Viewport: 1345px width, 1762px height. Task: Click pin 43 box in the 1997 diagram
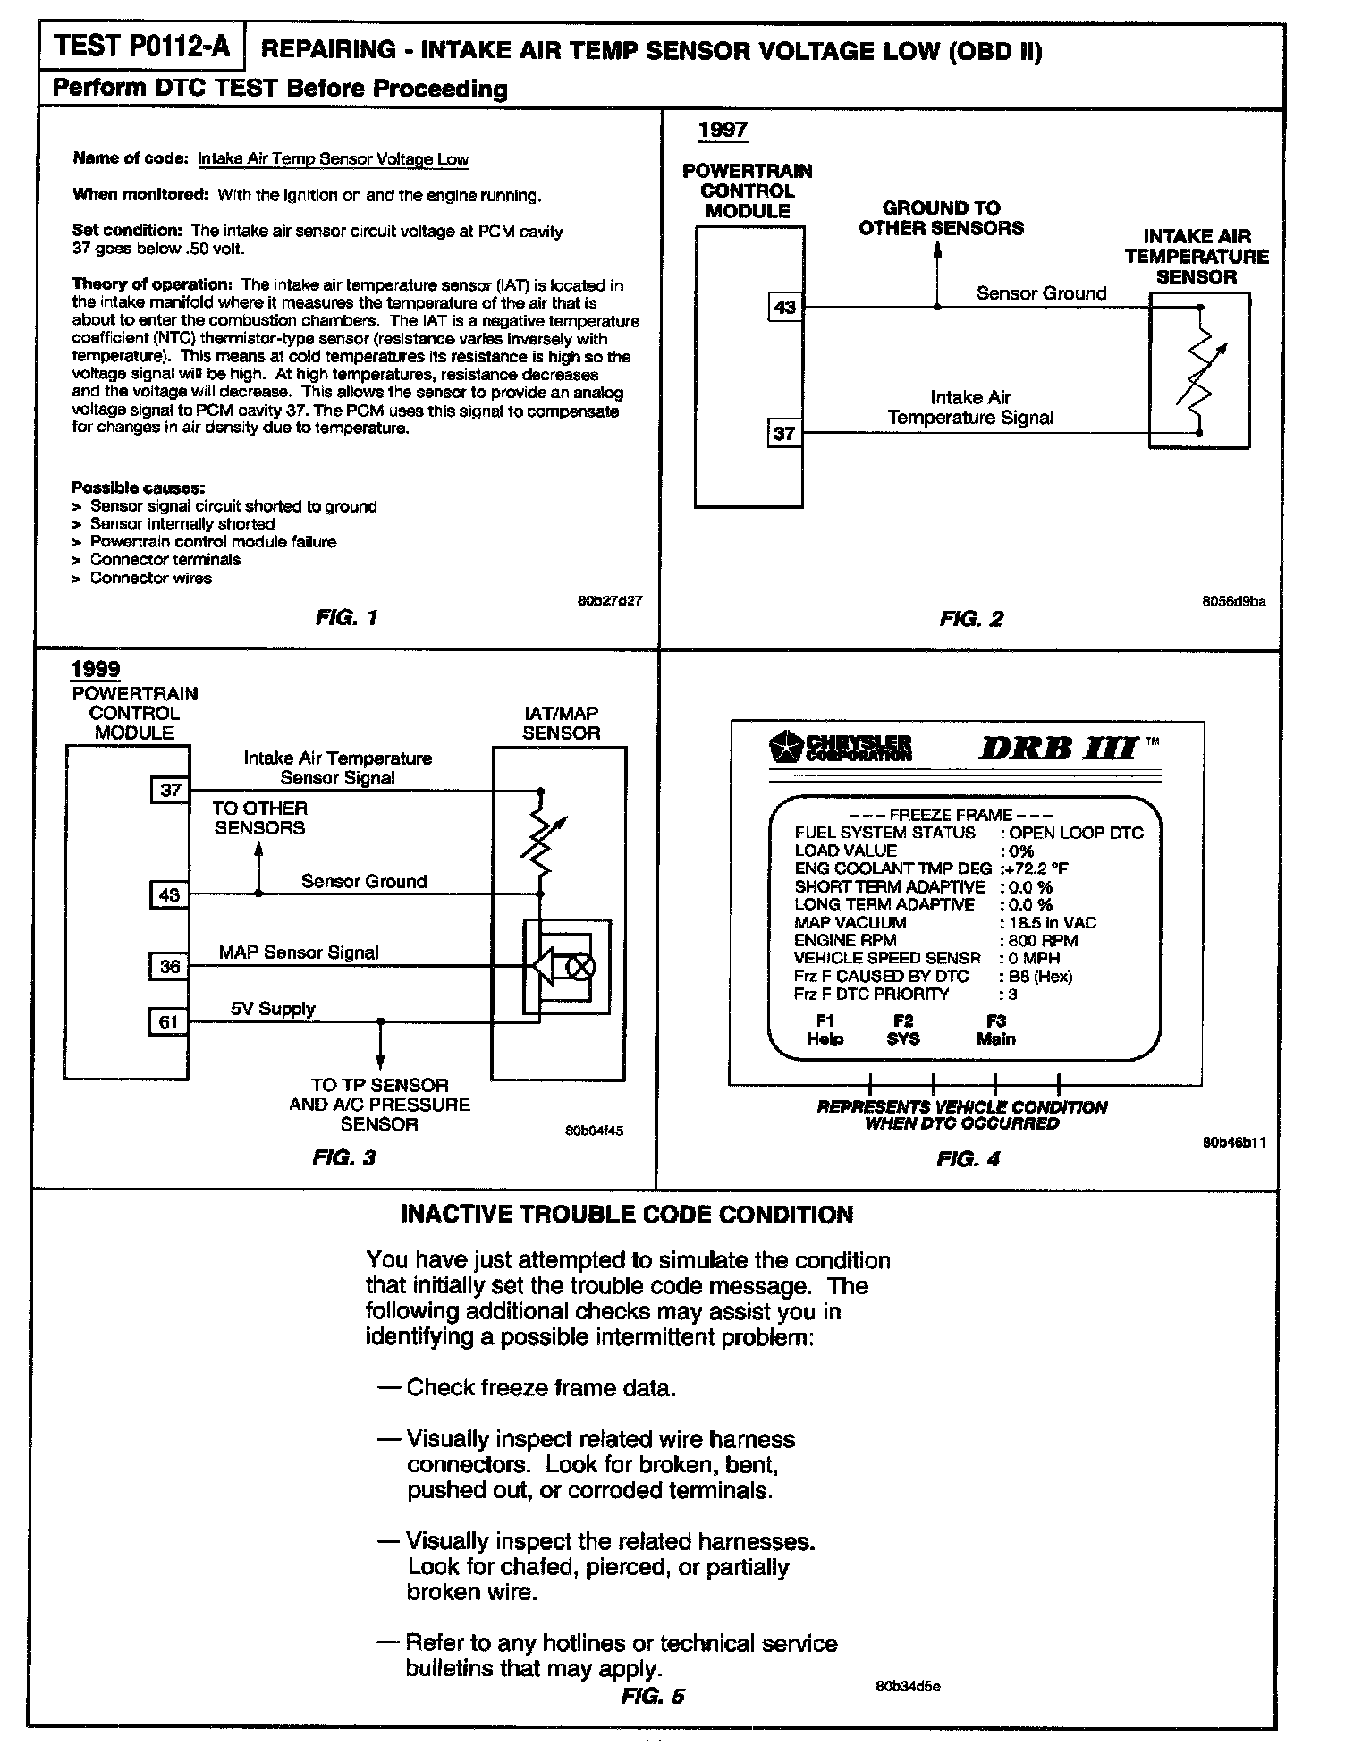784,307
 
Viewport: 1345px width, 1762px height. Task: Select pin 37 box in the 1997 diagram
784,434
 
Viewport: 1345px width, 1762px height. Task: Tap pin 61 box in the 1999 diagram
169,1021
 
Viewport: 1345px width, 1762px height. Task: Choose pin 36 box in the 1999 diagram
169,967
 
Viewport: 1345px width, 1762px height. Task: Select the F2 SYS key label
903,1029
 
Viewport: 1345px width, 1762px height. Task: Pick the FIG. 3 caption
344,1157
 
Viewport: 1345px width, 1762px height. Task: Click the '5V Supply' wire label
273,1009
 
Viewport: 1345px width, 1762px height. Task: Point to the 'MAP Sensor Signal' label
299,953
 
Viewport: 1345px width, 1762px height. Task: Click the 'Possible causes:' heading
139,487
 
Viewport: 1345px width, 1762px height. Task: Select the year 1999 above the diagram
96,669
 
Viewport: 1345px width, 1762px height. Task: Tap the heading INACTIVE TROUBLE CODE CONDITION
627,1215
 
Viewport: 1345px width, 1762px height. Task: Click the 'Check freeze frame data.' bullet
540,1387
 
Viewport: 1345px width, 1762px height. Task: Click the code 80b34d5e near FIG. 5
908,1687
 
